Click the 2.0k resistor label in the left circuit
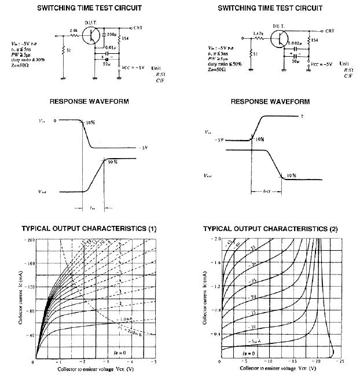74,30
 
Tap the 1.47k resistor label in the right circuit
259,34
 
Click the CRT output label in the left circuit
138,27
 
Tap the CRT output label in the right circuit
329,31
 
